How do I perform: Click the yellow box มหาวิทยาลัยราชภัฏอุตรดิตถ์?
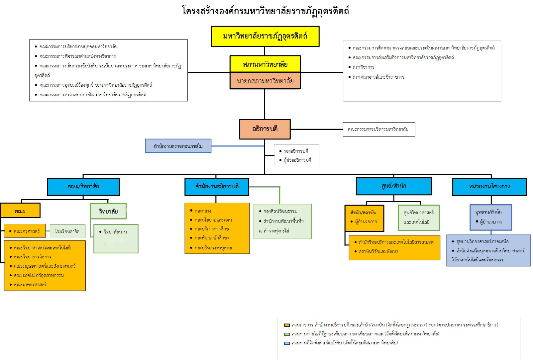click(x=265, y=36)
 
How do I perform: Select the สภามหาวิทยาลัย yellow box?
click(x=265, y=64)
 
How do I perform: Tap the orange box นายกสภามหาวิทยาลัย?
click(x=265, y=81)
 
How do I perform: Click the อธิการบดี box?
click(x=265, y=129)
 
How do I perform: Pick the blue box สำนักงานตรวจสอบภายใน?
click(x=178, y=146)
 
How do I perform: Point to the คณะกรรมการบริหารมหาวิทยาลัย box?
click(x=378, y=129)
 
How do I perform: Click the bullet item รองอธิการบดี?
click(x=295, y=151)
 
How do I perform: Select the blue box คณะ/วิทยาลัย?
click(x=83, y=186)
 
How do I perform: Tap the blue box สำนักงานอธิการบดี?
click(x=217, y=186)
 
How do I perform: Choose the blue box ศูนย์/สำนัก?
click(x=394, y=186)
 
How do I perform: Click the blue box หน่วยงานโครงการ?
click(x=489, y=187)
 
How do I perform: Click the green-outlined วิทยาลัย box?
click(x=108, y=211)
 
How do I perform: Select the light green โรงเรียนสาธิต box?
click(x=67, y=231)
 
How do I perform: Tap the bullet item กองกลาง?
click(x=203, y=211)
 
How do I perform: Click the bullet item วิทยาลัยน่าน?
click(x=115, y=232)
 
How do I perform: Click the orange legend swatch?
click(x=287, y=325)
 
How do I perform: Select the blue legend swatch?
click(x=287, y=343)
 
